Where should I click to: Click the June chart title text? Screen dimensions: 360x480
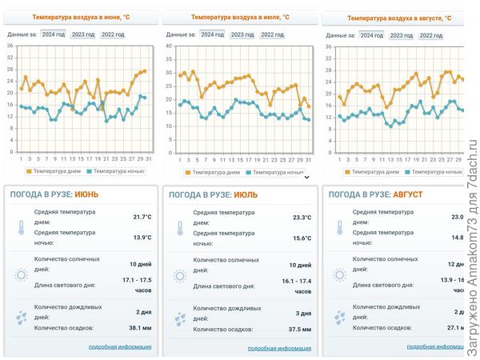81,16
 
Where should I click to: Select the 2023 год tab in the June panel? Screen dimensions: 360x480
83,34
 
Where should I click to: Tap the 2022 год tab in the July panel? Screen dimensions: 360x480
272,34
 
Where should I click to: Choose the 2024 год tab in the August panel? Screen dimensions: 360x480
371,35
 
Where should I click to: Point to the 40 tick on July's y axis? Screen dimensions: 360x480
169,46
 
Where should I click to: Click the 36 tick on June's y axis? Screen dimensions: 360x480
10,46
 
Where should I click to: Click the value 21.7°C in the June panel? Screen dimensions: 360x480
142,217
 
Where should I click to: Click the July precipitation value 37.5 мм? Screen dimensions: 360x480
299,329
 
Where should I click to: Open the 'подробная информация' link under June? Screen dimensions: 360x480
120,346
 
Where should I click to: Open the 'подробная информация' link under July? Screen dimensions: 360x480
279,348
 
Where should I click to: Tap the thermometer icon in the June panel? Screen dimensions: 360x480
20,227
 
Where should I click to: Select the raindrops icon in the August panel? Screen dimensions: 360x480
339,318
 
